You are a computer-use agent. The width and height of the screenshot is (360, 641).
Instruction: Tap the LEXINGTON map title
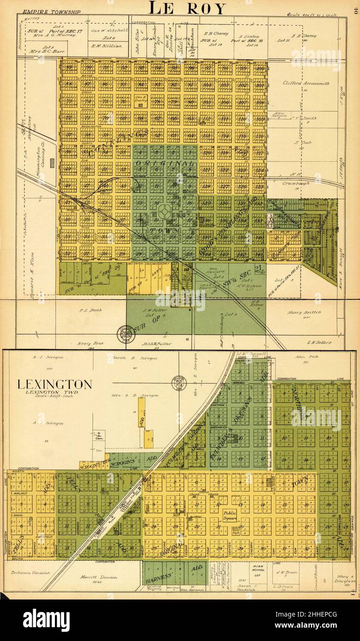(54, 384)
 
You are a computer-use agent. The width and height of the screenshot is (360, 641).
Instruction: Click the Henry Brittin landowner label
(304, 312)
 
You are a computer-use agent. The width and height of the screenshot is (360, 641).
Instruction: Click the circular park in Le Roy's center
(165, 213)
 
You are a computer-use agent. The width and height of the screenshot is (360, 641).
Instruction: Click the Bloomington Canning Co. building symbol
(52, 162)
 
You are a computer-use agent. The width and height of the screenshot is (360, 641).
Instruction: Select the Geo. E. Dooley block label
(138, 99)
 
